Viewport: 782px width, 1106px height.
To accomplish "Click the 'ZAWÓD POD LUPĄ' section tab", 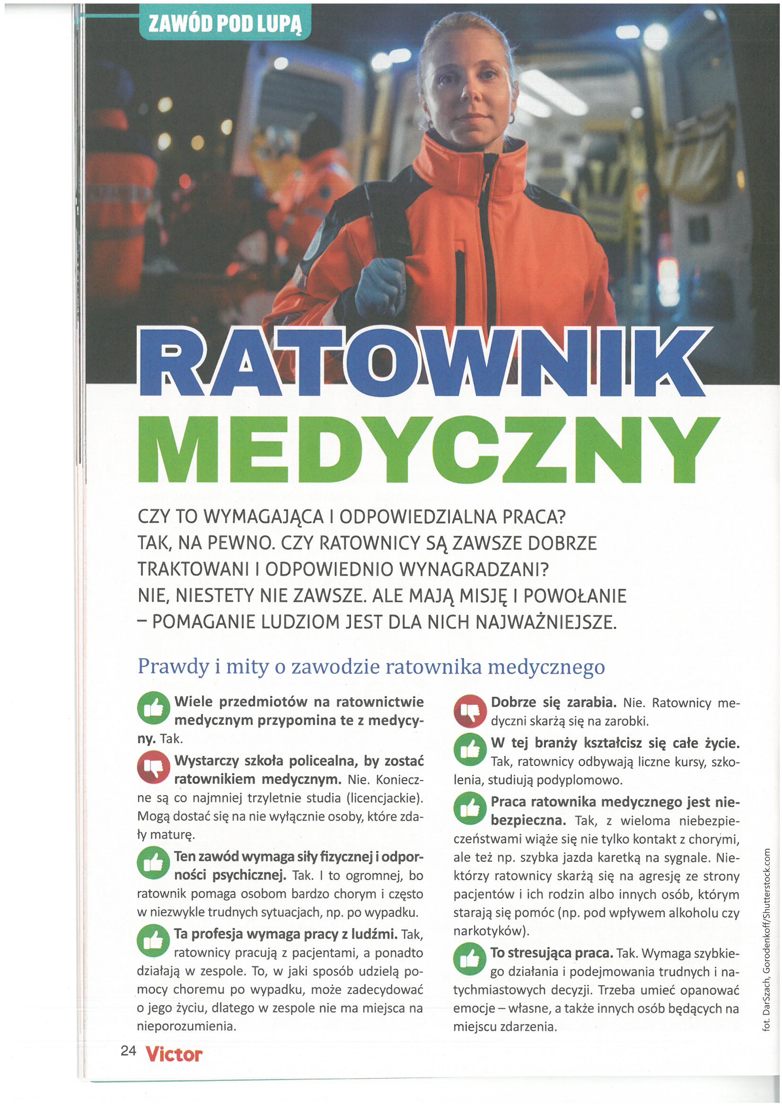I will coord(225,23).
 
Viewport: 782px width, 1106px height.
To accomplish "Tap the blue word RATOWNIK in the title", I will coord(424,362).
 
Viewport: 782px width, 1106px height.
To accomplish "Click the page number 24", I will coord(129,1051).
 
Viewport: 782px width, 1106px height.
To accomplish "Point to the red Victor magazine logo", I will coord(174,1054).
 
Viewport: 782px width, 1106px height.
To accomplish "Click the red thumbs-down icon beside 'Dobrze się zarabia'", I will coord(470,711).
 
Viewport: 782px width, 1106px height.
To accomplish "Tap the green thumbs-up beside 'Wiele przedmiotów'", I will coord(153,708).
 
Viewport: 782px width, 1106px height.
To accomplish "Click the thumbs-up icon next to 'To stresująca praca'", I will coord(470,959).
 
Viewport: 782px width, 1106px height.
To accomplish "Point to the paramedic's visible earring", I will coord(512,117).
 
